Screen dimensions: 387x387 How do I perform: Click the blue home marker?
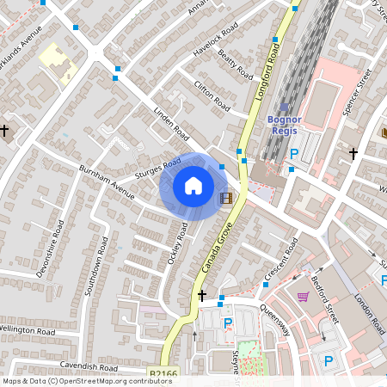(193, 185)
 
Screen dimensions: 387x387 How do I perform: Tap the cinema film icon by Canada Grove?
(226, 199)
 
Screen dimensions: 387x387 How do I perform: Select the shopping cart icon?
(303, 297)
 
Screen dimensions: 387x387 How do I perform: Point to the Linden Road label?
(170, 124)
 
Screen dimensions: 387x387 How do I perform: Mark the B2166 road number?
(163, 374)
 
